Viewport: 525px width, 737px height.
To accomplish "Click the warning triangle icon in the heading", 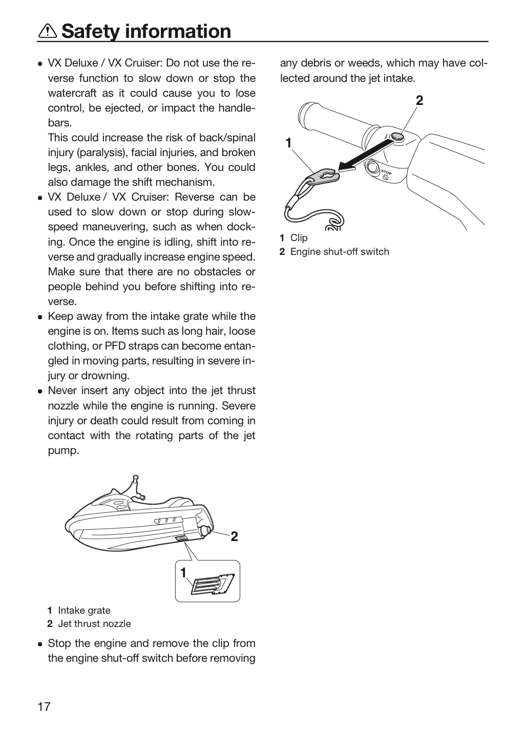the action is click(x=48, y=31).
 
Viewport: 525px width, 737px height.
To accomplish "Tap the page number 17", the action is click(x=44, y=706).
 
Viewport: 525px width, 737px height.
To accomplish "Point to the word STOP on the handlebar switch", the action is click(x=386, y=172).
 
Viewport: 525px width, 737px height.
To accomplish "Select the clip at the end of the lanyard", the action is click(x=323, y=176).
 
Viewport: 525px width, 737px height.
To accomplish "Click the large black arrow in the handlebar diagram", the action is click(x=366, y=155).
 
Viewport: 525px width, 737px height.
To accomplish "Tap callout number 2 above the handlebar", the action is click(x=419, y=100).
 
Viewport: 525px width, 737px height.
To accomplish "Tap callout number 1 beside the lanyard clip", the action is click(x=288, y=143).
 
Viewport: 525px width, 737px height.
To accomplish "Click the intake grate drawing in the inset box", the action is click(x=213, y=584).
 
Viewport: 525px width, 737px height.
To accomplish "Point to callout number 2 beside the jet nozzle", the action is click(x=234, y=536).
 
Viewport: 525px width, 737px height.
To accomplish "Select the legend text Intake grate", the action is click(x=85, y=610).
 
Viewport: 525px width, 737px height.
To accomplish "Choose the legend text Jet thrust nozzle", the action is click(x=95, y=623).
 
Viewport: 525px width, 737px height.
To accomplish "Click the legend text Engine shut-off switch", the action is click(x=340, y=251).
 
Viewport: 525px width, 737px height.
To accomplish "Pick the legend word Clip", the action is click(x=299, y=237).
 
